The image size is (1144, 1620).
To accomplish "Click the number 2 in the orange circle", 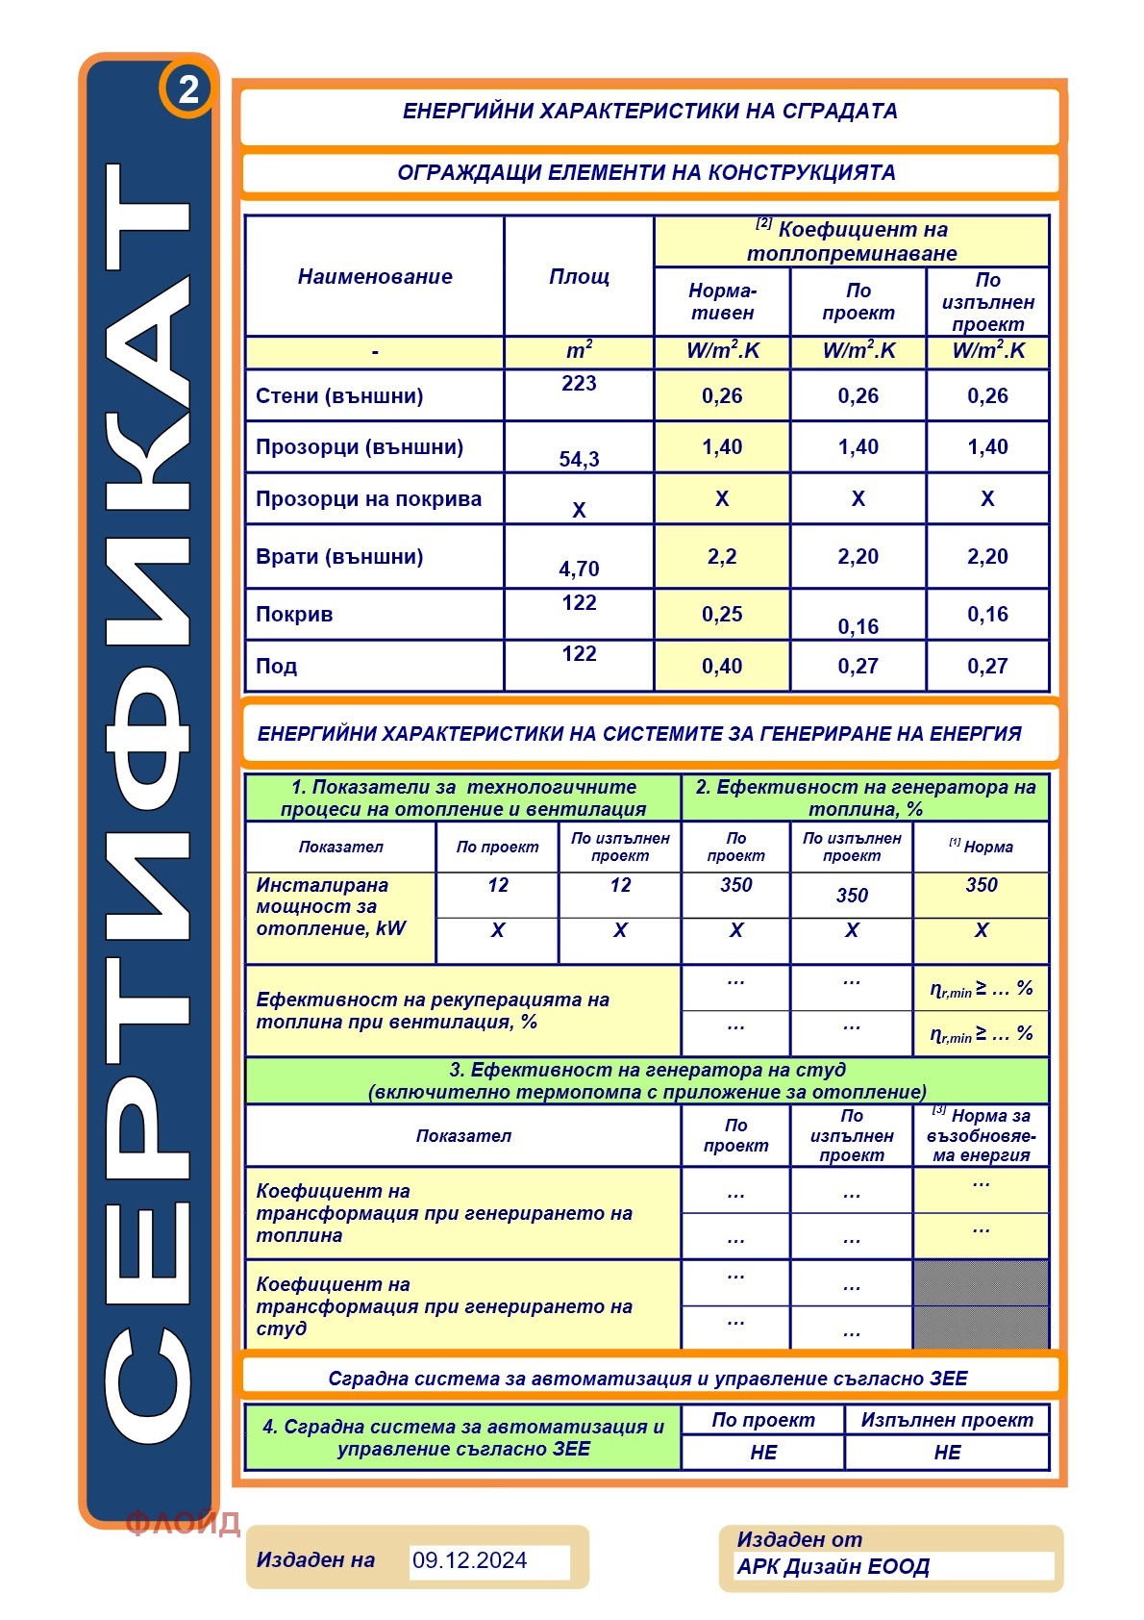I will click(188, 89).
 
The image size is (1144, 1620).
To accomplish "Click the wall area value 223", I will click(579, 383).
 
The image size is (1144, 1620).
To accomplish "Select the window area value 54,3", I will click(579, 459).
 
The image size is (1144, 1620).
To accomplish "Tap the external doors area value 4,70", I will click(579, 569).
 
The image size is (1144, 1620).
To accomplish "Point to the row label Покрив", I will click(294, 614).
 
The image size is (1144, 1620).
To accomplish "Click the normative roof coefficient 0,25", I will click(722, 614).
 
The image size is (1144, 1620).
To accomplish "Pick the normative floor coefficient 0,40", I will click(722, 666).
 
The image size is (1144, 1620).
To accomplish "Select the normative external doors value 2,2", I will click(722, 556).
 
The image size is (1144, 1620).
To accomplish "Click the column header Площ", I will click(579, 276).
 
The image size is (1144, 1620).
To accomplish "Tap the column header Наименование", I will click(375, 276).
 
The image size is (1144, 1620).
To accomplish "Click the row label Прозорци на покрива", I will click(368, 498).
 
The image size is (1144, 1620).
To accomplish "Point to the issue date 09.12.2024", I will click(470, 1560).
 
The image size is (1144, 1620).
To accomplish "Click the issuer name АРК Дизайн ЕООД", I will click(833, 1567).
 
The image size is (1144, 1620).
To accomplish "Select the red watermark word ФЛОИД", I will click(183, 1522).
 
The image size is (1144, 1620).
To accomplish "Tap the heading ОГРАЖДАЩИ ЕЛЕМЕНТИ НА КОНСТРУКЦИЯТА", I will click(646, 173).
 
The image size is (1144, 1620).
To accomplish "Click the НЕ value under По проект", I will click(763, 1452).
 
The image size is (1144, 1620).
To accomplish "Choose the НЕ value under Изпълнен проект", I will click(947, 1452).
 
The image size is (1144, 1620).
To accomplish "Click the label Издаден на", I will click(315, 1559).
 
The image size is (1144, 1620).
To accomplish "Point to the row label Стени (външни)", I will click(339, 395).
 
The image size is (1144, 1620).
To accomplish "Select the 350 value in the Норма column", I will click(981, 885).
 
